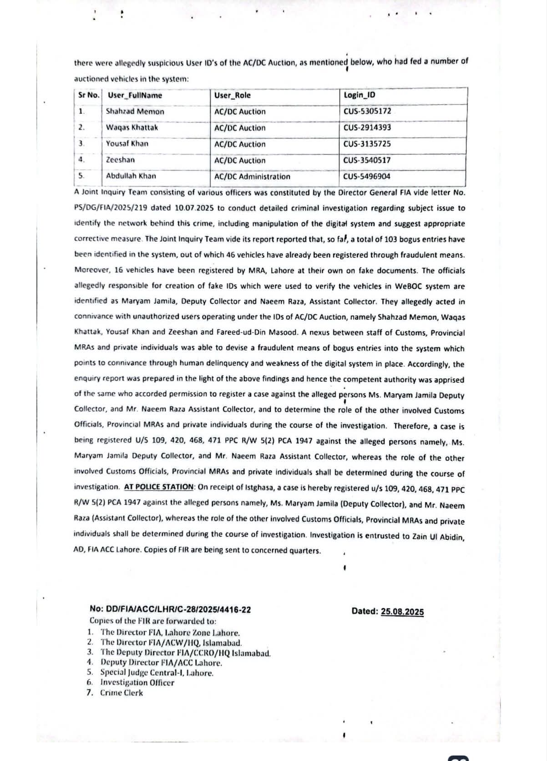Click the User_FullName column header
click(x=135, y=96)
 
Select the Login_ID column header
click(x=360, y=95)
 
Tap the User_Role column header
click(x=232, y=96)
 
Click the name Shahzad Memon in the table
click(x=135, y=111)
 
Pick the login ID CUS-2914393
click(x=367, y=128)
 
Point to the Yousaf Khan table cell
click(x=127, y=144)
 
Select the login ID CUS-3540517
click(x=367, y=160)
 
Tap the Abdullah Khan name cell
click(x=131, y=176)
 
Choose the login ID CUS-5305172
click(x=367, y=111)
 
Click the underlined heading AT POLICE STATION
click(x=159, y=487)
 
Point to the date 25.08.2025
click(x=402, y=612)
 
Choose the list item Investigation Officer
click(x=137, y=683)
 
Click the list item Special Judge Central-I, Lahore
click(x=157, y=673)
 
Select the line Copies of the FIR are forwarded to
click(x=153, y=621)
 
